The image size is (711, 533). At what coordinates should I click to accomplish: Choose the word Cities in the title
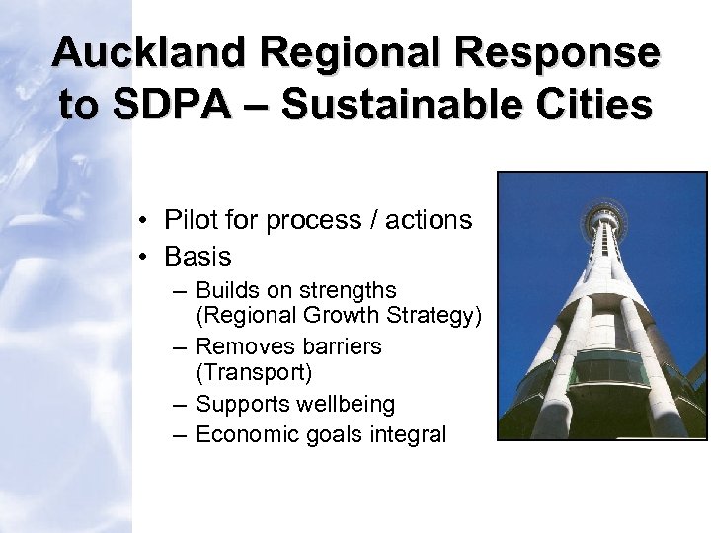[x=593, y=104]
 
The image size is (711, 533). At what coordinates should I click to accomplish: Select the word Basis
[x=197, y=257]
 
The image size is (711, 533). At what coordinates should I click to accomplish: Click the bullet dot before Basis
[x=144, y=258]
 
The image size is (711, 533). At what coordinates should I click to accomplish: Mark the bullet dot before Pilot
[x=144, y=221]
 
